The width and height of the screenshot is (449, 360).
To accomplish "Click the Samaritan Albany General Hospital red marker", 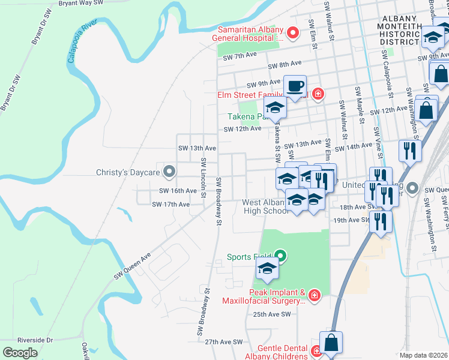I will coord(293,32).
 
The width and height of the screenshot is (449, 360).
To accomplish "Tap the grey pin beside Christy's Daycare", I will coord(169,172).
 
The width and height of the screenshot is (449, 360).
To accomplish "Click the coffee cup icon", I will coord(295,86).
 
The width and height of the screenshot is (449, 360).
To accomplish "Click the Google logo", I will coord(20,353).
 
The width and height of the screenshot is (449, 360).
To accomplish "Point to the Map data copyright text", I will coord(424,355).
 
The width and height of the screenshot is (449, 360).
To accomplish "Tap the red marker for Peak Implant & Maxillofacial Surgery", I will coord(313,295).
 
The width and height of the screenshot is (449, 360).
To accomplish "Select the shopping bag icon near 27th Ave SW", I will coord(331,343).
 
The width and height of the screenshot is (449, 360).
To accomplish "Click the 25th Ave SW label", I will coord(271,314).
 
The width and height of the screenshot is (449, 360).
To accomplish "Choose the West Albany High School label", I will coord(265,206).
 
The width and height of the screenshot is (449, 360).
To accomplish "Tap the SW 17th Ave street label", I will coord(170,205).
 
